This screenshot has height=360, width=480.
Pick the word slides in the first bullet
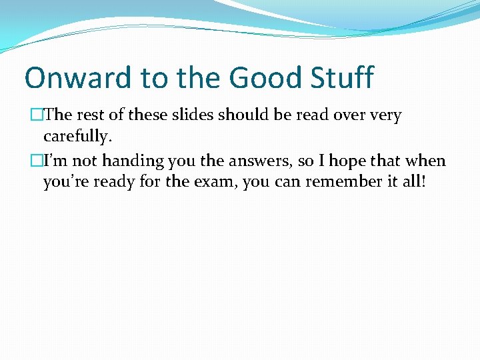click(x=191, y=115)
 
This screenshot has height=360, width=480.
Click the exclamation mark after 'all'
click(x=423, y=183)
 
